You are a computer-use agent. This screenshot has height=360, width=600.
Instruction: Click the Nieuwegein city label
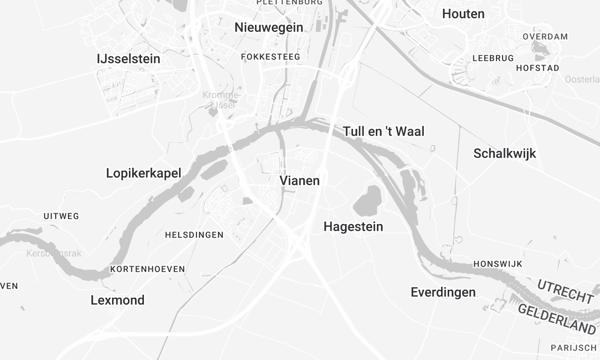267,27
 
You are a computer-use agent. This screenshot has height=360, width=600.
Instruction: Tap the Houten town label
463,14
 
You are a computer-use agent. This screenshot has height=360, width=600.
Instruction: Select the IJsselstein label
129,59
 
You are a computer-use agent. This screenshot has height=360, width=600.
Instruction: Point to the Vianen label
299,182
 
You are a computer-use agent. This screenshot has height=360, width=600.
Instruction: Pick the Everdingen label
443,292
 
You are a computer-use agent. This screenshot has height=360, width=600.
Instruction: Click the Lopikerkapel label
143,173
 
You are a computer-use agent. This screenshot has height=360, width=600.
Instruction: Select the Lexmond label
117,300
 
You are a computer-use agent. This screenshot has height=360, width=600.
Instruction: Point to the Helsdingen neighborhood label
194,235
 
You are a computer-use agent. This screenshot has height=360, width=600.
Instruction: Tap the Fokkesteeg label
271,57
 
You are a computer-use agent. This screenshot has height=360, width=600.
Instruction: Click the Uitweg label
61,216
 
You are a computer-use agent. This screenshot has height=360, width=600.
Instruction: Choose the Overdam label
545,36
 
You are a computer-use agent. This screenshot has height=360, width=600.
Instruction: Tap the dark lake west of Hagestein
368,198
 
